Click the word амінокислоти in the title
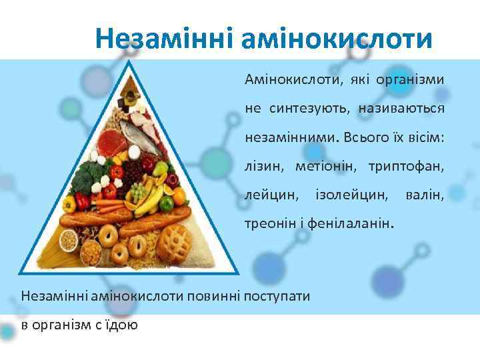(x=337, y=39)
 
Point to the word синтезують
(x=307, y=107)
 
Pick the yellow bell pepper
(x=69, y=204)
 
